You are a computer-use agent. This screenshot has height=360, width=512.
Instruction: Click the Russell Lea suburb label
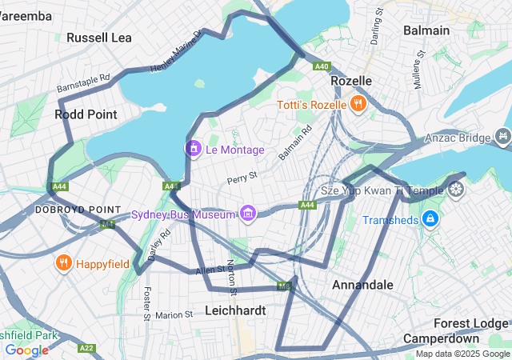pos(99,38)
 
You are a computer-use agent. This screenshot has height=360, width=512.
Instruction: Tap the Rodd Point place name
pos(86,114)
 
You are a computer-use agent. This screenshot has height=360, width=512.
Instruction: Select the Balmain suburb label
pos(426,30)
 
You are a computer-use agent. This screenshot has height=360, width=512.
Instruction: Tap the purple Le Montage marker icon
pos(194,148)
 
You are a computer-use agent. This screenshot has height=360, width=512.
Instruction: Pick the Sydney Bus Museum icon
pos(247,214)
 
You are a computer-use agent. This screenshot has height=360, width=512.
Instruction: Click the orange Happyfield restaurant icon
pos(63,262)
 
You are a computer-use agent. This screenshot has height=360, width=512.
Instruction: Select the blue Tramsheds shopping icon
pos(430,218)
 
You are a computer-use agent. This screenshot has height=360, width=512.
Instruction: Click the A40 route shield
pos(322,66)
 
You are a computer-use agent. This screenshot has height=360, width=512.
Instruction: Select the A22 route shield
pos(87,348)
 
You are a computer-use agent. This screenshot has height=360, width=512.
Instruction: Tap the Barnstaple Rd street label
pos(83,84)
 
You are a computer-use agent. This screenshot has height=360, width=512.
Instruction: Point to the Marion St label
pos(175,315)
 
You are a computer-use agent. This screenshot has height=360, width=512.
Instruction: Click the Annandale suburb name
pos(362,285)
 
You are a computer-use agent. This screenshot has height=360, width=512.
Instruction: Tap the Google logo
pos(26,350)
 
